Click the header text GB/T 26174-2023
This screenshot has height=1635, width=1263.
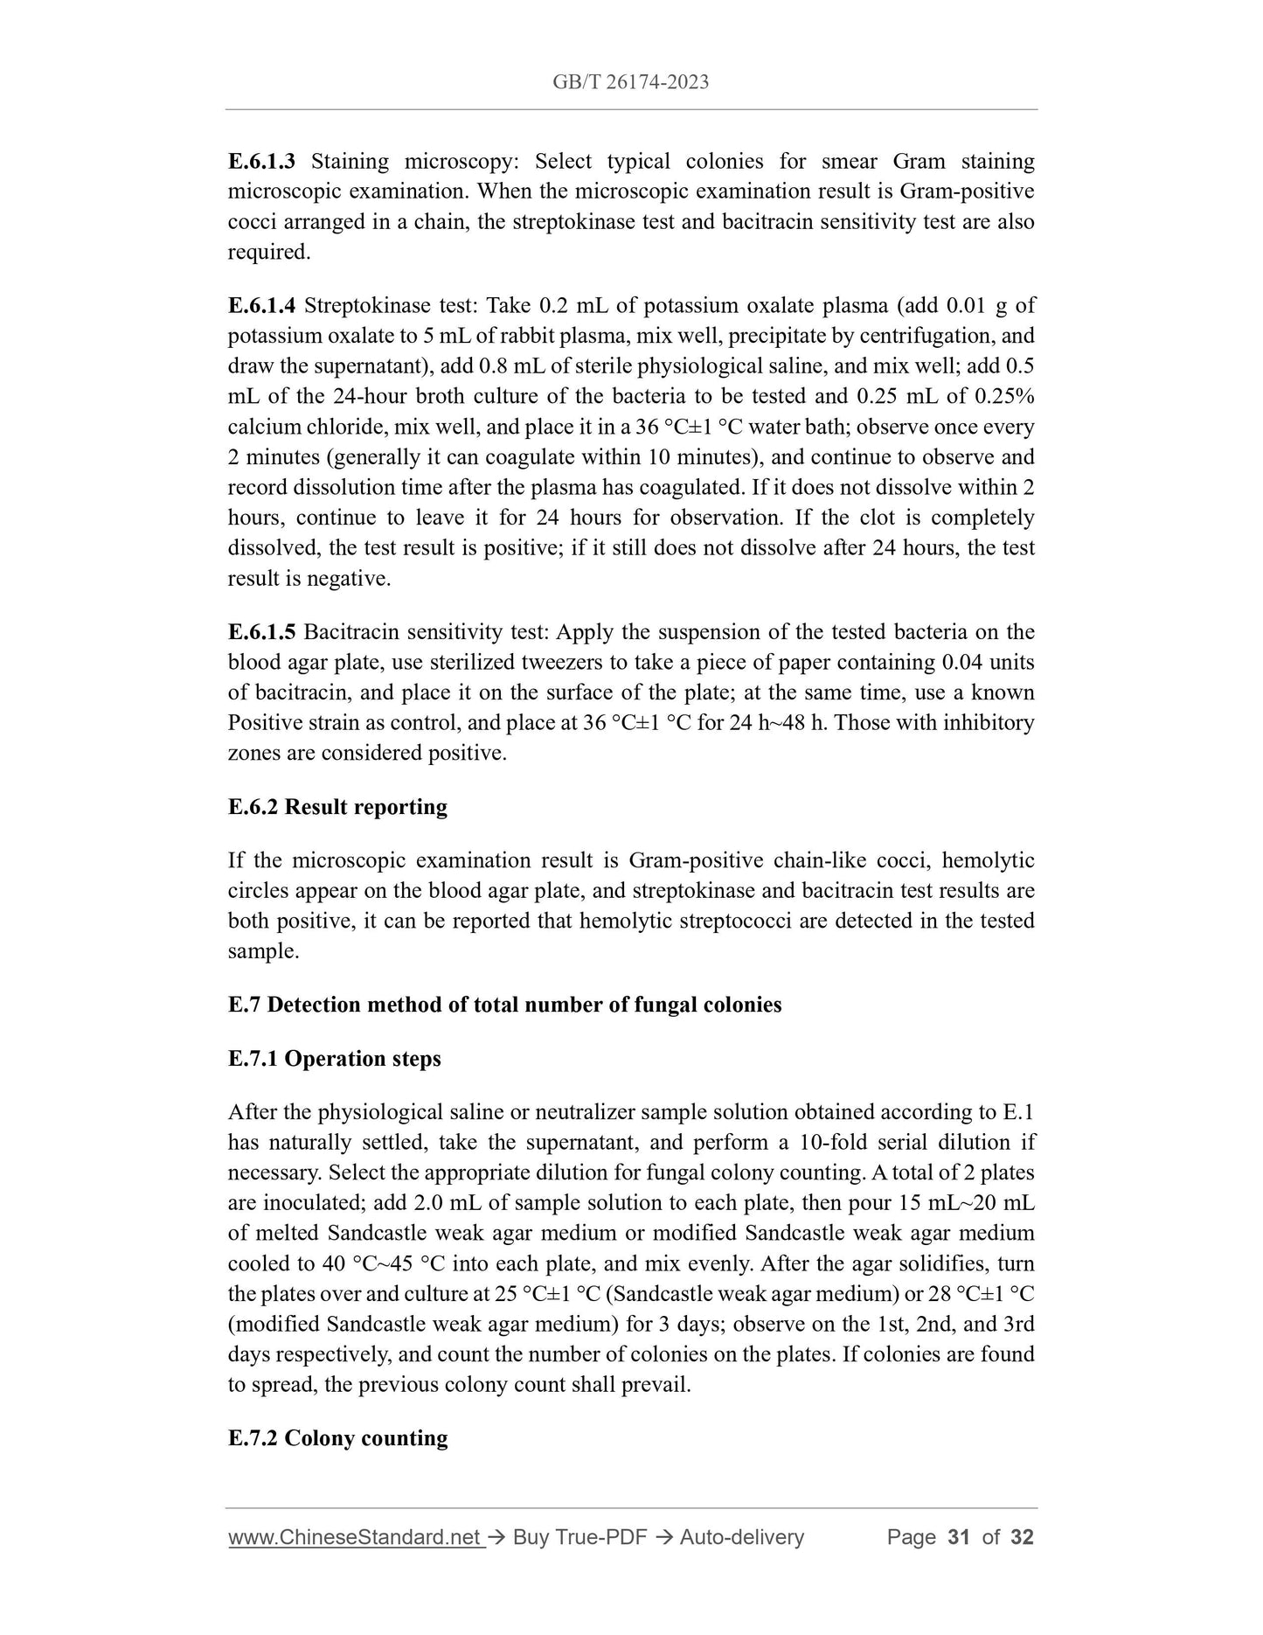[x=630, y=82]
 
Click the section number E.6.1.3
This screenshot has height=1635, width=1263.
[x=262, y=161]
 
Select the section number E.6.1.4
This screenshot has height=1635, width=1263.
[x=262, y=305]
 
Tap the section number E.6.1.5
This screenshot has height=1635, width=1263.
[x=262, y=631]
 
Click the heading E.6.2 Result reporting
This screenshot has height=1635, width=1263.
[x=337, y=806]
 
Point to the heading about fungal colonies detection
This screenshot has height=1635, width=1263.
[x=504, y=1005]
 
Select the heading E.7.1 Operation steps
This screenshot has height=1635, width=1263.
[x=334, y=1059]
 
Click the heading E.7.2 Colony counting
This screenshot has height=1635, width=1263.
[x=337, y=1438]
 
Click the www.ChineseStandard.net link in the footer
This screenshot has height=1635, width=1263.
[x=356, y=1537]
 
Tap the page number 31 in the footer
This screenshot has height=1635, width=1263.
[x=958, y=1537]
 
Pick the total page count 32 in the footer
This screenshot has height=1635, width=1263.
[x=1022, y=1537]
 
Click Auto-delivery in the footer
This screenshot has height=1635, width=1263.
[x=741, y=1537]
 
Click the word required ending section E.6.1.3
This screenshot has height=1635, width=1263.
[x=267, y=252]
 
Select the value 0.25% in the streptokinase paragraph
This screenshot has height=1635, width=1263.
[x=1004, y=396]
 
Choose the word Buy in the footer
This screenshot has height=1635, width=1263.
[x=530, y=1537]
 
